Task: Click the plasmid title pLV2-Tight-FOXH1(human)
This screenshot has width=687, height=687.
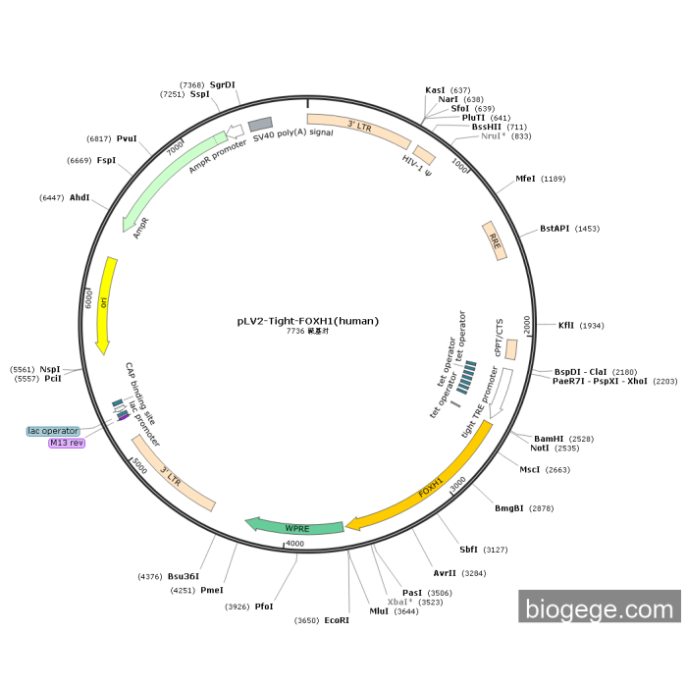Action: [x=307, y=320]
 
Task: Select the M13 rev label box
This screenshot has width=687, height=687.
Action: [x=67, y=444]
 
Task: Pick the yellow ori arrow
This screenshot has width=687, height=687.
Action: [x=105, y=304]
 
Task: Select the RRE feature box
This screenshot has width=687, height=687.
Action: [x=496, y=240]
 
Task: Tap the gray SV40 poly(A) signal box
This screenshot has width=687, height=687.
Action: [x=260, y=125]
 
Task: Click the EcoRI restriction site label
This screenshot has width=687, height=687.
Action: [x=337, y=620]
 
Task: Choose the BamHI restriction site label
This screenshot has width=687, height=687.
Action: [x=549, y=438]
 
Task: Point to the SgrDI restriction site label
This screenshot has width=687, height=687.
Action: [x=223, y=85]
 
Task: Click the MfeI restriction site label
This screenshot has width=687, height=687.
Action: [x=526, y=179]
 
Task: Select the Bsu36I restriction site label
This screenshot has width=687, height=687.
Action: [x=183, y=576]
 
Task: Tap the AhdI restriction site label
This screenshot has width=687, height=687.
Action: [x=79, y=197]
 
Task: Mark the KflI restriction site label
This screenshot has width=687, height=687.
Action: [x=566, y=325]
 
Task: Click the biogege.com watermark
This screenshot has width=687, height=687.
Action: [x=600, y=608]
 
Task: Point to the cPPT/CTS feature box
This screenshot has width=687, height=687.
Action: [x=511, y=347]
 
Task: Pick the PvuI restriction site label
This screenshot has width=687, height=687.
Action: [x=127, y=138]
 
